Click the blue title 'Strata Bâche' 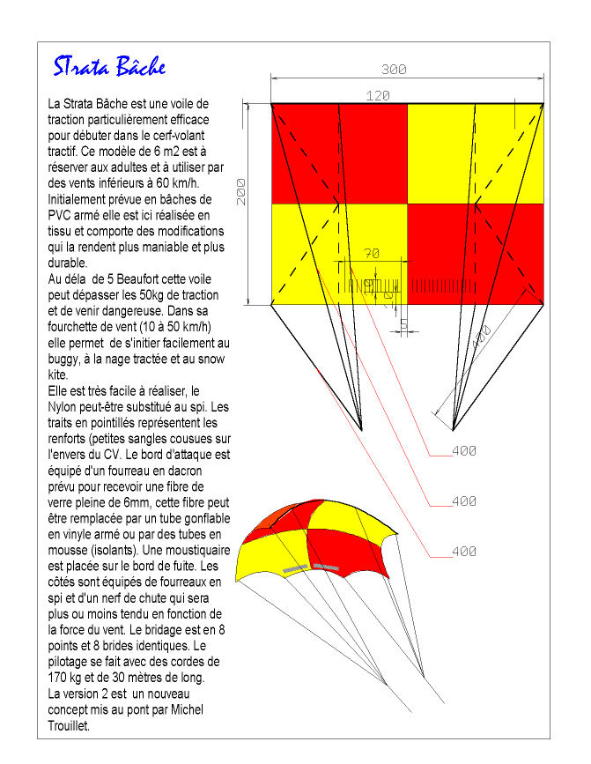pos(108,67)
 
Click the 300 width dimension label pos(395,69)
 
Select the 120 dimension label pos(377,96)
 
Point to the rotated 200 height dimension pos(240,191)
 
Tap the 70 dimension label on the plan pos(371,254)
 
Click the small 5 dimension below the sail pos(403,325)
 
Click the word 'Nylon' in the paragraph pos(65,407)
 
